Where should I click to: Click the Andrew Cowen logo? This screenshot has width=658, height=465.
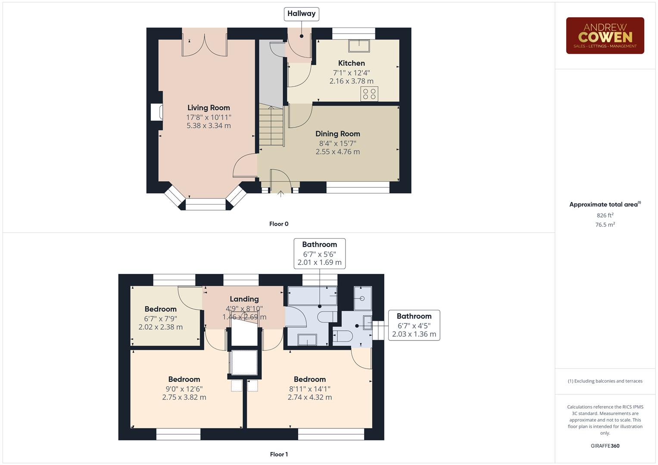point(605,36)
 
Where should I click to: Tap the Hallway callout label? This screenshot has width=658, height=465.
point(301,14)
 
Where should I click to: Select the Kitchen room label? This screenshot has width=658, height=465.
point(351,63)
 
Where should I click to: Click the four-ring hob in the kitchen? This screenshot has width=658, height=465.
point(369,94)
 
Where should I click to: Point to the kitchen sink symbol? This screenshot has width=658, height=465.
point(359,45)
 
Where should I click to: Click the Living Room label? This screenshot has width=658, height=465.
point(209,108)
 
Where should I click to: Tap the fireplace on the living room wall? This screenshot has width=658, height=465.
point(156,112)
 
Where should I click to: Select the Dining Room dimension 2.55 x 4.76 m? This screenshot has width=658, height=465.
point(337,152)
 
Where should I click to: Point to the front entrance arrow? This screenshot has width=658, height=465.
point(281,194)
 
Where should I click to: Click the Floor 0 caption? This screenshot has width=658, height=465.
point(279,224)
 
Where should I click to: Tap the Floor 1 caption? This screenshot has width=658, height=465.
point(279,454)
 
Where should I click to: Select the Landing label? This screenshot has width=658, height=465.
point(244,299)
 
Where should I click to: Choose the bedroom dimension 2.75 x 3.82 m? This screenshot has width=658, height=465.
point(184,397)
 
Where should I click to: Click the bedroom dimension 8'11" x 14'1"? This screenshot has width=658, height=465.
point(309,389)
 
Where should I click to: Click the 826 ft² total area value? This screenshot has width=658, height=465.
point(605,215)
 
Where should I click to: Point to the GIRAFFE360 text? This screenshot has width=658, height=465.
point(605,446)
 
